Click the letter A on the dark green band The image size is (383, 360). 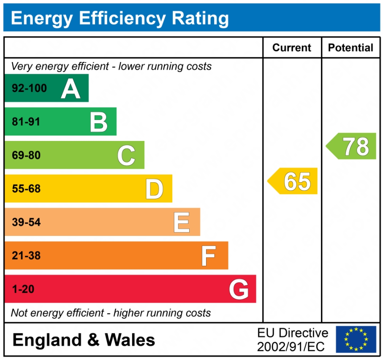[x=71, y=89]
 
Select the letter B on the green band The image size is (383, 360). [x=99, y=122]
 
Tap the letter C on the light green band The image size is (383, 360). [x=126, y=155]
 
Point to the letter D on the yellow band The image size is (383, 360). [x=154, y=189]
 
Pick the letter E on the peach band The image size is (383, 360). [x=182, y=222]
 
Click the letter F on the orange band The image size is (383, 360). [x=209, y=256]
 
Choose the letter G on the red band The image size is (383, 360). [x=239, y=290]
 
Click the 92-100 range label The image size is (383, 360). [x=29, y=89]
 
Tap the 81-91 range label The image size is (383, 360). [x=26, y=122]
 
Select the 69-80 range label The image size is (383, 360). [x=26, y=155]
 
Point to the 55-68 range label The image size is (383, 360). [x=26, y=189]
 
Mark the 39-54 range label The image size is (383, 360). [x=26, y=222]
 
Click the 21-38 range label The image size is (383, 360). [x=26, y=255]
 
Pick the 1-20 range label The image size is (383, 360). [x=23, y=289]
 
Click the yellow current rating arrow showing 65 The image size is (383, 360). [x=293, y=181]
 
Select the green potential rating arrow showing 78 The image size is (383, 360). [x=352, y=146]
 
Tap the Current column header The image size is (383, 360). [x=292, y=48]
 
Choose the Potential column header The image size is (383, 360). [x=350, y=48]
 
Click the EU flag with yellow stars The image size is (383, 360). [x=356, y=339]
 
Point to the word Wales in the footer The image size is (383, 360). [x=130, y=340]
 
